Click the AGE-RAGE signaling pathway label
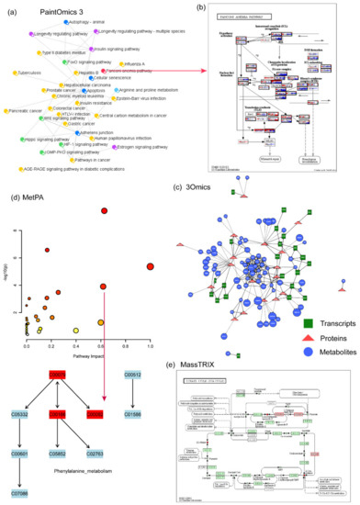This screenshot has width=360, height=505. [x=84, y=171]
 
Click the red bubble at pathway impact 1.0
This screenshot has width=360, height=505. [x=151, y=266]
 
